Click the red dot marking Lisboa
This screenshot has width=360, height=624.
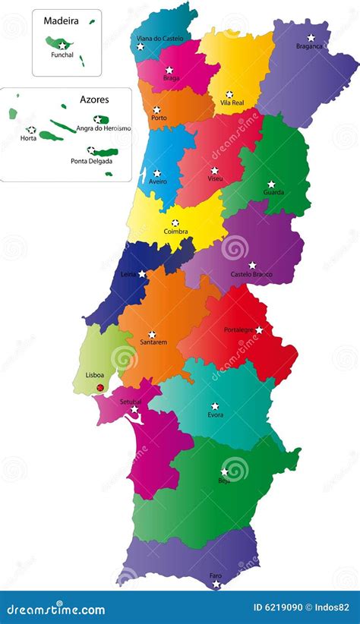(99, 388)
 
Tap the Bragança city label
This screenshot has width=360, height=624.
(309, 46)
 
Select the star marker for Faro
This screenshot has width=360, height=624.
(216, 585)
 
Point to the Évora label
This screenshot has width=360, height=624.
(216, 415)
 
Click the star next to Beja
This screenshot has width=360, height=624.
(225, 471)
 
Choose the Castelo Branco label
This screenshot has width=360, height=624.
(252, 274)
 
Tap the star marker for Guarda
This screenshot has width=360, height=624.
(271, 184)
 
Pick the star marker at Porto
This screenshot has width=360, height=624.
(156, 109)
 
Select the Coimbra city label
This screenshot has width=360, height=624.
(175, 232)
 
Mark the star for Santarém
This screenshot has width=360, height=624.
(152, 334)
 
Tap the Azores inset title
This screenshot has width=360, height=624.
(94, 99)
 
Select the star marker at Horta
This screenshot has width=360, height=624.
(31, 130)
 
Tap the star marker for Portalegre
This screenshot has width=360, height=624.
(259, 329)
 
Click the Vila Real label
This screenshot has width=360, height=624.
(231, 102)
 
